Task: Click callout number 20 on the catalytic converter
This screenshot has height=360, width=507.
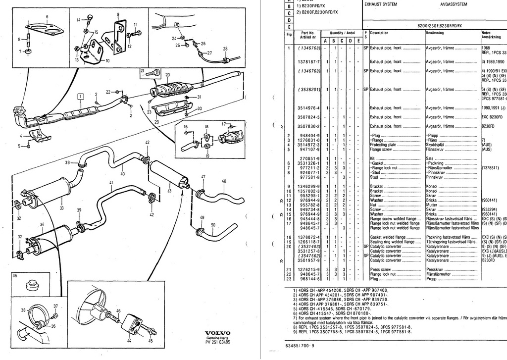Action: (167, 75)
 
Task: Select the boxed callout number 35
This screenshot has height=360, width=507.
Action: (14, 276)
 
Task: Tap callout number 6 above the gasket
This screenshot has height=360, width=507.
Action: (47, 17)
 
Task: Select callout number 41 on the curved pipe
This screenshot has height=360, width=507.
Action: (111, 183)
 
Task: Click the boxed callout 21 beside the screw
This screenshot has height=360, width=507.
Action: (143, 71)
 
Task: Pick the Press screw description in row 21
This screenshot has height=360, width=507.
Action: (381, 269)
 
